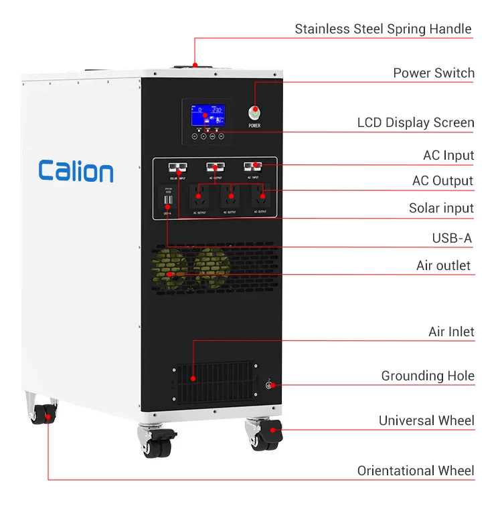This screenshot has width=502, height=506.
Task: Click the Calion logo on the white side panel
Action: [x=76, y=171]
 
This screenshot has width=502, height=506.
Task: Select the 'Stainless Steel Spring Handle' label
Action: [x=383, y=29]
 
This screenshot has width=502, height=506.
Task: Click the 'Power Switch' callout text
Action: [x=434, y=73]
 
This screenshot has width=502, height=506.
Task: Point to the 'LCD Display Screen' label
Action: [x=415, y=123]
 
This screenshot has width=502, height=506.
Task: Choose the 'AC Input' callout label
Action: [x=448, y=155]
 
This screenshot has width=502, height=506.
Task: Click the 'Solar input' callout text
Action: [x=441, y=208]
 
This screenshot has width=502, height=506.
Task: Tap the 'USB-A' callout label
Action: [x=452, y=238]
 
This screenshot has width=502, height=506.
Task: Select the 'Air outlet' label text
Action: [x=443, y=265]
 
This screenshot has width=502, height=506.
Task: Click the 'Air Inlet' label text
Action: [x=451, y=332]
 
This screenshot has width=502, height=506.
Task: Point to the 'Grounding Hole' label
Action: [x=428, y=376]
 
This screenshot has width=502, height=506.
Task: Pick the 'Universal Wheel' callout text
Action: [x=426, y=420]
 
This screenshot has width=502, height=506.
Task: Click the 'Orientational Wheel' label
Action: [x=415, y=471]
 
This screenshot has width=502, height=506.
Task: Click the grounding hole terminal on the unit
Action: [x=269, y=385]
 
